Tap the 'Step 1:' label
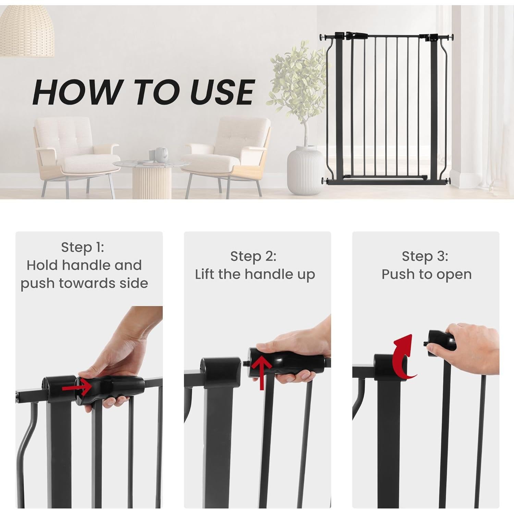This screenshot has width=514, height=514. [x=82, y=247]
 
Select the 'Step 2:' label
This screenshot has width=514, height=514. [x=253, y=256]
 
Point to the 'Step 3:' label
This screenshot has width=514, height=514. [x=425, y=256]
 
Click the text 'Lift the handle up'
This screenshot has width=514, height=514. [x=255, y=274]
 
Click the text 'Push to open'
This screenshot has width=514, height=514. [x=427, y=274]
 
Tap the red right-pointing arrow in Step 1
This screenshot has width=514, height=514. [x=77, y=388]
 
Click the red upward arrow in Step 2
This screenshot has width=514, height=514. [x=262, y=372]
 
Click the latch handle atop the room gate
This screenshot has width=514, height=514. [x=355, y=35]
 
